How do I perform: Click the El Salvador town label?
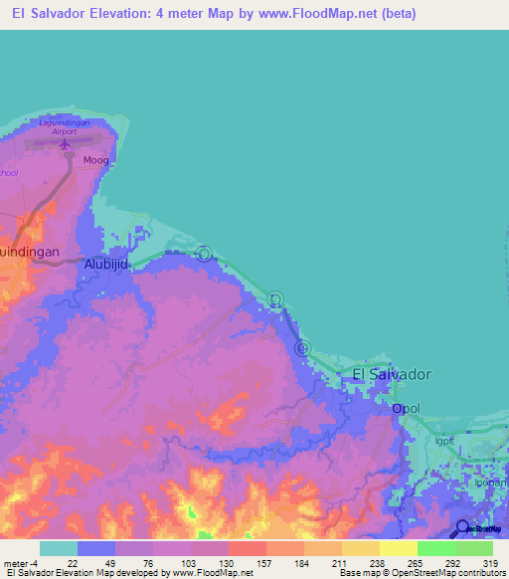(392, 373)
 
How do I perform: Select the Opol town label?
(406, 408)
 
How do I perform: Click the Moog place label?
(96, 159)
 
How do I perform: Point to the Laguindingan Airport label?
(66, 126)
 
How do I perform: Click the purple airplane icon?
(66, 144)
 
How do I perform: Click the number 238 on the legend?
(364, 563)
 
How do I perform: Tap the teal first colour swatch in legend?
(59, 548)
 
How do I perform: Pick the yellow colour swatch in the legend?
(398, 548)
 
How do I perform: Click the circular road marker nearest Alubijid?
(204, 254)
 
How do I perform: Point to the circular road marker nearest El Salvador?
(303, 347)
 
